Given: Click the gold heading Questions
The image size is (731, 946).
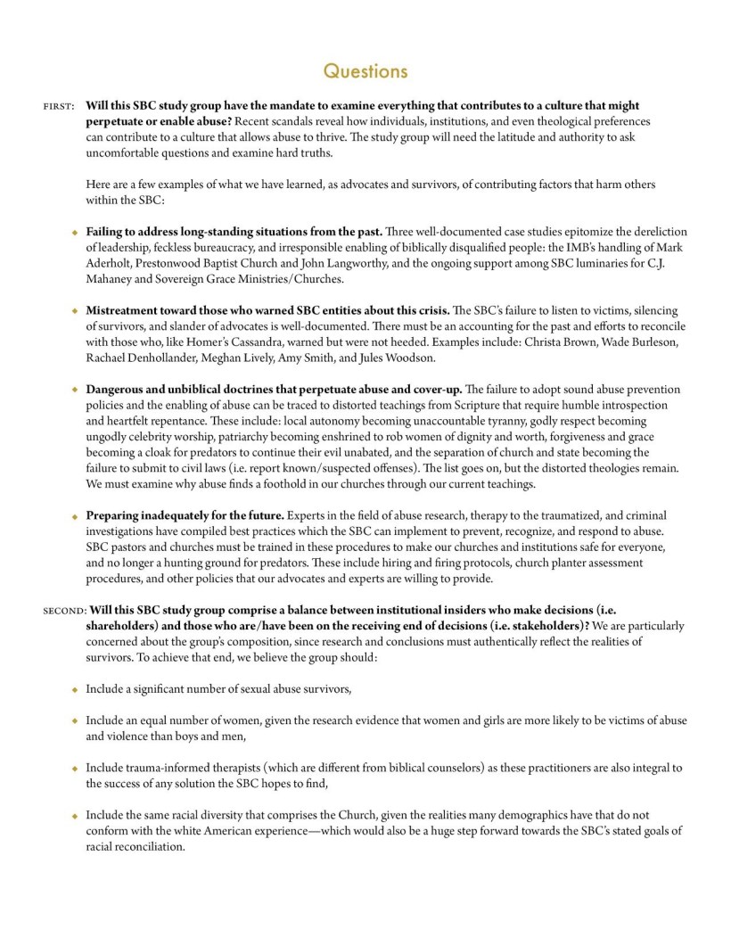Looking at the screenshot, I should point(365,70).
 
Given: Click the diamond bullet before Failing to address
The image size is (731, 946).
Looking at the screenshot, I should point(75,232).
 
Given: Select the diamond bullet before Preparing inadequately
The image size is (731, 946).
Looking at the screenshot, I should point(75,515).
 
